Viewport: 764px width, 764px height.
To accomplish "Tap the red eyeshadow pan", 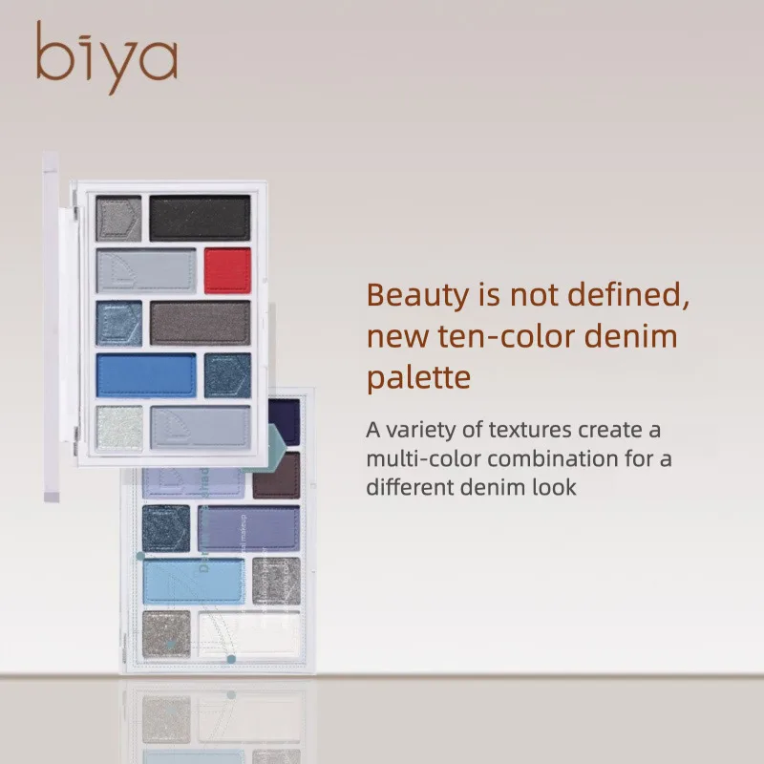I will pos(227,270).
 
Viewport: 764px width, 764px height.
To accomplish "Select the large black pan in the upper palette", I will pos(200,218).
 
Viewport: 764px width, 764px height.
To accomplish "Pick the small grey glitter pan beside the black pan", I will pos(118,218).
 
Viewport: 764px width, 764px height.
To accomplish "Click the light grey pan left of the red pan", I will pos(145,270).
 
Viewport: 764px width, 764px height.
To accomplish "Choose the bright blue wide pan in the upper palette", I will pos(145,375).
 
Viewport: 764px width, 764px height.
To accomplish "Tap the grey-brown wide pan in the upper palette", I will pos(200,323).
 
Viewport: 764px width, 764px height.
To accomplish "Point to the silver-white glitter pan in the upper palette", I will pos(118,426).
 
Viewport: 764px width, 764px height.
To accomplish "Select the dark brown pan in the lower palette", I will pos(277,475).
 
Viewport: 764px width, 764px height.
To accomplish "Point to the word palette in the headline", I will pos(419,378).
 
